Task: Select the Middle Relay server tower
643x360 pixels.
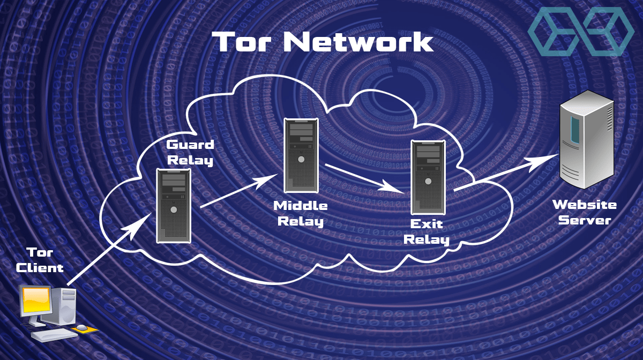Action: (302, 155)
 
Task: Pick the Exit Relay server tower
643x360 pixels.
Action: (427, 177)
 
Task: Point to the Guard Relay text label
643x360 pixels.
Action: (190, 152)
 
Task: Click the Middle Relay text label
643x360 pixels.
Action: (301, 213)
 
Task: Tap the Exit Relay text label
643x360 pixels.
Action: (427, 231)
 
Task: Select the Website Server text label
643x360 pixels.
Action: (584, 212)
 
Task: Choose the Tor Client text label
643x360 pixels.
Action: (40, 260)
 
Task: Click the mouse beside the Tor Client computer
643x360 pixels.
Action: (81, 327)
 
